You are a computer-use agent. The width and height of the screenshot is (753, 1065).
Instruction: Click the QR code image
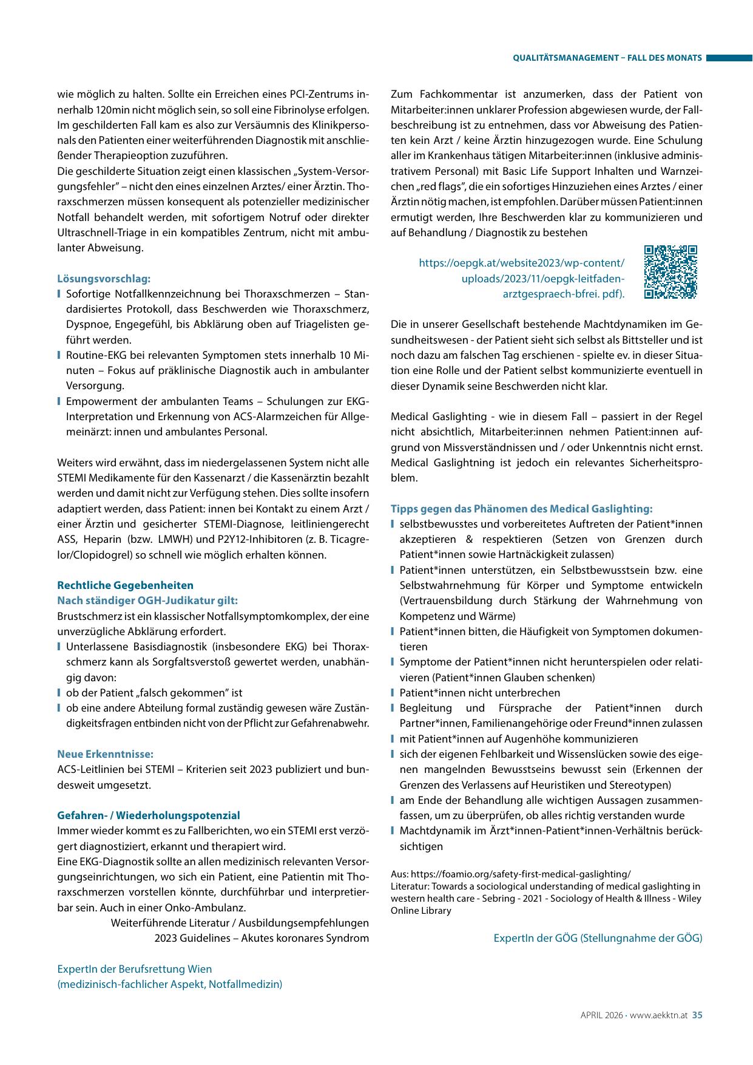pyautogui.click(x=670, y=273)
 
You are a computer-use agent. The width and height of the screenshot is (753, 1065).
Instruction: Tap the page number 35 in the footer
pyautogui.click(x=697, y=1015)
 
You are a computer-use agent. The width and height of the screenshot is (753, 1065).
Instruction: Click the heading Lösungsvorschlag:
pyautogui.click(x=104, y=279)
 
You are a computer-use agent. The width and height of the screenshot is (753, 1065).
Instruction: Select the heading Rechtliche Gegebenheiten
pyautogui.click(x=125, y=585)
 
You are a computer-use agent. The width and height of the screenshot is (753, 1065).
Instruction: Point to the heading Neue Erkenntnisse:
pyautogui.click(x=105, y=754)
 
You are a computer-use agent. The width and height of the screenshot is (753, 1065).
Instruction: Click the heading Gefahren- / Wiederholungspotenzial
pyautogui.click(x=149, y=815)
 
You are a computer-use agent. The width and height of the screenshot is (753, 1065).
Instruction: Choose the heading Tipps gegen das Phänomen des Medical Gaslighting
pyautogui.click(x=521, y=509)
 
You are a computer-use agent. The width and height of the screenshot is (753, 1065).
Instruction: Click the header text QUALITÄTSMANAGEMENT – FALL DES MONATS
pyautogui.click(x=607, y=58)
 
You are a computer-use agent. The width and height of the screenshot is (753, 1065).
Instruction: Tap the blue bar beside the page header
pyautogui.click(x=729, y=58)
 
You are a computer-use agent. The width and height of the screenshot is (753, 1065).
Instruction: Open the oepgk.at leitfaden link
pyautogui.click(x=522, y=279)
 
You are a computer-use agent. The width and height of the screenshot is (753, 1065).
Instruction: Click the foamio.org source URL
pyautogui.click(x=521, y=874)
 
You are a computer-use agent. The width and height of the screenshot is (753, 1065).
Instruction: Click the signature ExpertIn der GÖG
pyautogui.click(x=598, y=938)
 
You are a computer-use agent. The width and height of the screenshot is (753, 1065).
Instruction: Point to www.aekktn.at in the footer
pyautogui.click(x=658, y=1015)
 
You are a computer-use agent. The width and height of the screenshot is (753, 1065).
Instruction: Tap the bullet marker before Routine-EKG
pyautogui.click(x=59, y=355)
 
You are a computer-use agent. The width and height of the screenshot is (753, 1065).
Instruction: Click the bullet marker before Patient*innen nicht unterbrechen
pyautogui.click(x=393, y=693)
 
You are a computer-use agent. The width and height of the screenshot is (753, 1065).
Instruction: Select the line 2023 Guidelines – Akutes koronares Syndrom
pyautogui.click(x=262, y=938)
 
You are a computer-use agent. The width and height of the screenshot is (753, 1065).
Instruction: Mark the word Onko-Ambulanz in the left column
pyautogui.click(x=206, y=908)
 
